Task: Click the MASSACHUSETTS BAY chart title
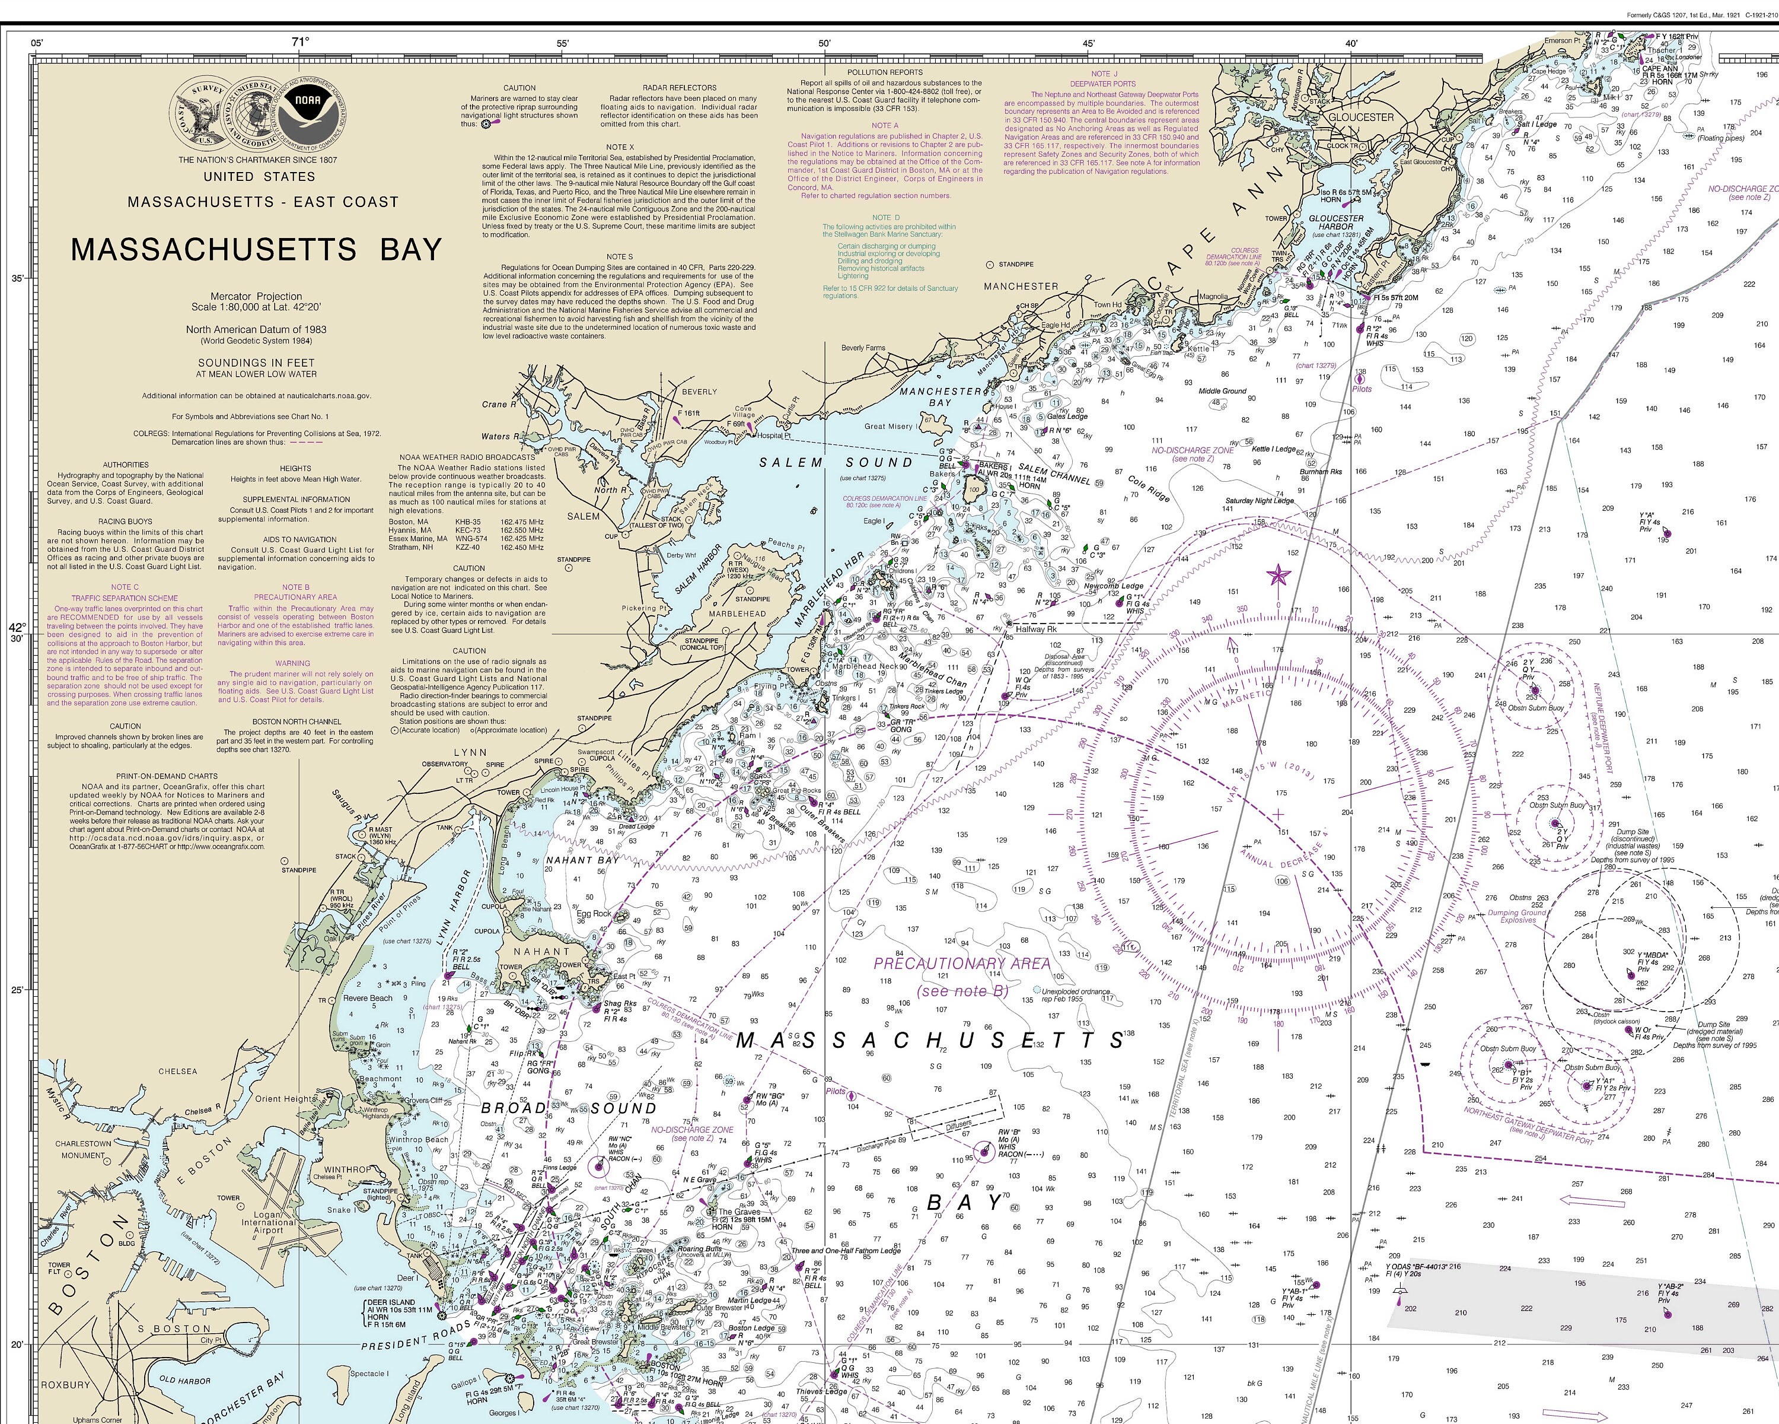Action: [257, 249]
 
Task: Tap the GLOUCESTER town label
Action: [1361, 117]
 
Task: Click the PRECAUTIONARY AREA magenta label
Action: [962, 964]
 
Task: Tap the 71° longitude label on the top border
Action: [299, 42]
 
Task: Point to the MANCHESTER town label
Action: [1021, 285]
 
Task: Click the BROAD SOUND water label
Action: [569, 1108]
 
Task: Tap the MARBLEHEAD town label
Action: [738, 614]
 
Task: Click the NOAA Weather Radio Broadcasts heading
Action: [467, 456]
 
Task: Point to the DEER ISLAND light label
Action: [392, 1302]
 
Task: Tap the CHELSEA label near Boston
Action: [178, 1071]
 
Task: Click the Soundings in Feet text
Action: [256, 363]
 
